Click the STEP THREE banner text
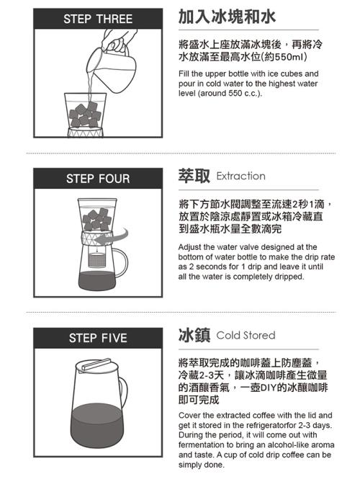(98, 19)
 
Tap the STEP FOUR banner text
(98, 179)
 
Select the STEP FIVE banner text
(98, 338)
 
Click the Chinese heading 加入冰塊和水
(227, 17)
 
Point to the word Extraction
(240, 176)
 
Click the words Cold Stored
(246, 335)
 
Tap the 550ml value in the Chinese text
(289, 57)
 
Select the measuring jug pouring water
(111, 69)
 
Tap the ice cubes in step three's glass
(84, 115)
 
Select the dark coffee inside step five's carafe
(97, 425)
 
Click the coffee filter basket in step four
(96, 260)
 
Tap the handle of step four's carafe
(122, 262)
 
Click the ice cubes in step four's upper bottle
(96, 220)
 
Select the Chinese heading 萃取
(194, 176)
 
